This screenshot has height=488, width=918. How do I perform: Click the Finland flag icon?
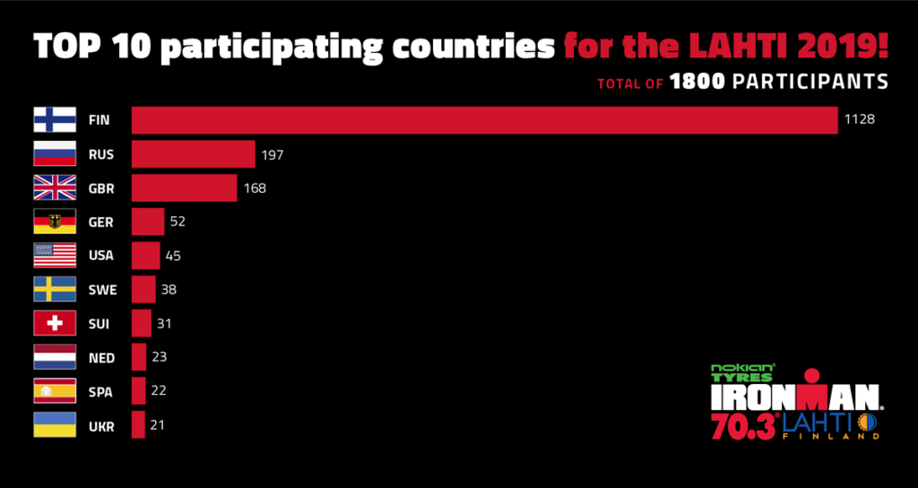point(55,119)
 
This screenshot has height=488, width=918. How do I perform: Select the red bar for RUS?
point(193,154)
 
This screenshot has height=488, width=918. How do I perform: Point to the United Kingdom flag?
point(55,187)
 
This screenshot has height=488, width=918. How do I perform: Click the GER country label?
point(100,222)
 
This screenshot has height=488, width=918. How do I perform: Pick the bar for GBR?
point(184,187)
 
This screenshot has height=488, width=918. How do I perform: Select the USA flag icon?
point(55,256)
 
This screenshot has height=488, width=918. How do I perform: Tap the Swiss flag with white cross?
point(55,323)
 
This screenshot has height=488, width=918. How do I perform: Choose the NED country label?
point(101,358)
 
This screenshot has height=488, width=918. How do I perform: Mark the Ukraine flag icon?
point(55,425)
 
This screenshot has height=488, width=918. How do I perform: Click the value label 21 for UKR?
point(158,425)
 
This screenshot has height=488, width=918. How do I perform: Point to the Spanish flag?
point(55,391)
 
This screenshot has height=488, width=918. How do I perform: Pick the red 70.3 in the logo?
point(743,425)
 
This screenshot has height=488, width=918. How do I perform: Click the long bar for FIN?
point(484,119)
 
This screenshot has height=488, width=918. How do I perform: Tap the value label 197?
point(273,154)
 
